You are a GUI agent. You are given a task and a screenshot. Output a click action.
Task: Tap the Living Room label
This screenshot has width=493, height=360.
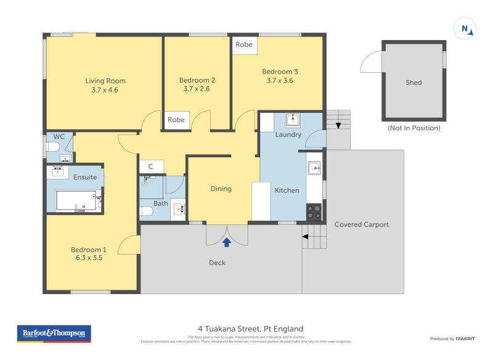[105, 81]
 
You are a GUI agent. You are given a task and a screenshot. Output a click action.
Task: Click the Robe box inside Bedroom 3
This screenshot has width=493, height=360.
[244, 45]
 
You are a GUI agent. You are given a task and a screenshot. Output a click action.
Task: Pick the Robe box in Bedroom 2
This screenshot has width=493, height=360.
[176, 120]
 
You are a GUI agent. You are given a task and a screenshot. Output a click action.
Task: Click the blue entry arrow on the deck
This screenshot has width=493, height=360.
[227, 242]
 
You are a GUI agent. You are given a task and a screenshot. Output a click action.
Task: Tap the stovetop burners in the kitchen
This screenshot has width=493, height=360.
[314, 211]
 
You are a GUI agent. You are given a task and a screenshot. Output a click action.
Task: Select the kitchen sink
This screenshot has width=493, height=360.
[314, 168]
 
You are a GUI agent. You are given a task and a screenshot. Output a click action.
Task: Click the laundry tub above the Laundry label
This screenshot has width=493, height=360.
[292, 120]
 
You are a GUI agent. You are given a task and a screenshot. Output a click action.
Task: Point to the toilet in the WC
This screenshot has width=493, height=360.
[54, 147]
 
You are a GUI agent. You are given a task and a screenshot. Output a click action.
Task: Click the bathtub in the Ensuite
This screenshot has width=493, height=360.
[75, 200]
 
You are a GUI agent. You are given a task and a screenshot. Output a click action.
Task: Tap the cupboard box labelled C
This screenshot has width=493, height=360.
[150, 166]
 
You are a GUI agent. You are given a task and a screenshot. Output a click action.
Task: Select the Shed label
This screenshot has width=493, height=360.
[414, 83]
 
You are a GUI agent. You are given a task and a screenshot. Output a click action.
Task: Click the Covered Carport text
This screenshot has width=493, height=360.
[361, 224]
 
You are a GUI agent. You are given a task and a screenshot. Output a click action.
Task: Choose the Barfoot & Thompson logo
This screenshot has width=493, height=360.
[54, 333]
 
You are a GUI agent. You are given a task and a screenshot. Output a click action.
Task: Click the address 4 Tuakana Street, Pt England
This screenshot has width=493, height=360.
[250, 329]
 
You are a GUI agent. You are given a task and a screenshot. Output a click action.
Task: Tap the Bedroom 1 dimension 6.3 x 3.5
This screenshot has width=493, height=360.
[89, 258]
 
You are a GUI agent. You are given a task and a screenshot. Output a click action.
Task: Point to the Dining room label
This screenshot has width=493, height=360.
[221, 189]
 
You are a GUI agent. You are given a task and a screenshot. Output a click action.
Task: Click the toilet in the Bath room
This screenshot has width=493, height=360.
[147, 211]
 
